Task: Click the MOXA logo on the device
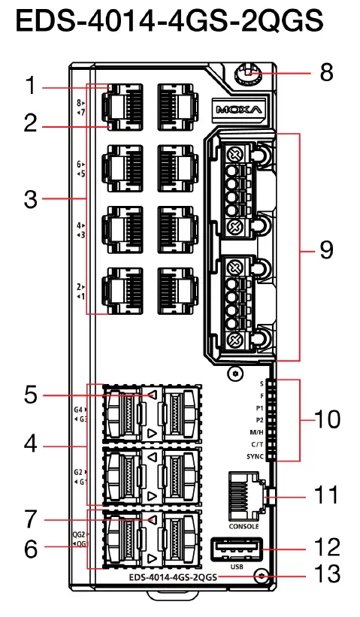(x=238, y=110)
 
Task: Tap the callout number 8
(x=326, y=74)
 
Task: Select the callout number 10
(x=328, y=419)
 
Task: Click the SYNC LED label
(x=255, y=455)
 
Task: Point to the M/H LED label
(x=255, y=431)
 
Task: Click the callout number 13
(x=328, y=575)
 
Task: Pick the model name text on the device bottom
(x=173, y=577)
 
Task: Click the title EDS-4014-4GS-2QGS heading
(x=170, y=22)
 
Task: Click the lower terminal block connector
(x=237, y=301)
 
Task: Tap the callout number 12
(x=328, y=547)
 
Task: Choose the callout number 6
(x=30, y=549)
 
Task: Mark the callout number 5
(x=30, y=395)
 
